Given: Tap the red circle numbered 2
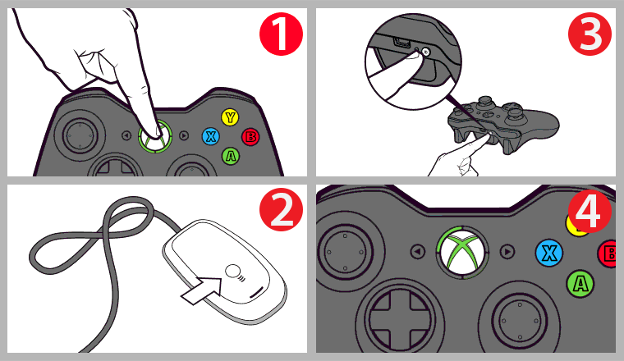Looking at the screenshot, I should click(x=281, y=211).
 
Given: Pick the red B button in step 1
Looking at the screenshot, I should click(x=250, y=136).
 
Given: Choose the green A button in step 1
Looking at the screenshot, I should click(x=231, y=154).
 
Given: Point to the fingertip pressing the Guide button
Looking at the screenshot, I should click(x=151, y=131).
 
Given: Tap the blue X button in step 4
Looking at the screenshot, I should click(x=549, y=253).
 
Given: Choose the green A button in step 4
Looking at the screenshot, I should click(x=580, y=284).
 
